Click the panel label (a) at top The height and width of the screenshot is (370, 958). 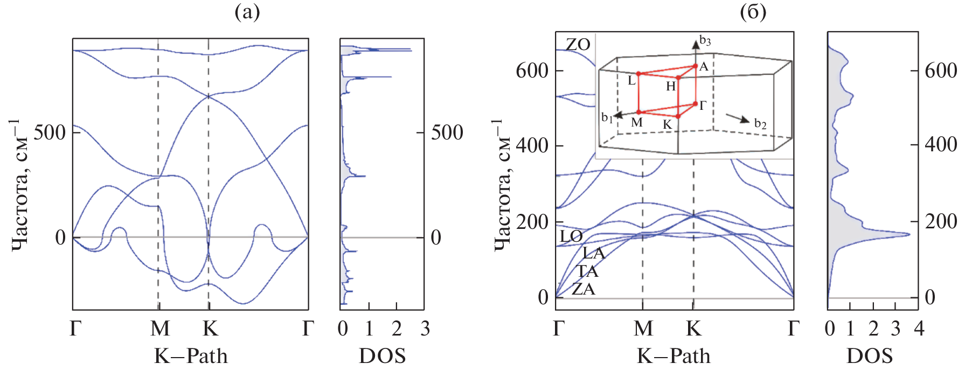[x=247, y=11]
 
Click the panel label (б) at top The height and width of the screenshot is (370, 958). [x=753, y=11]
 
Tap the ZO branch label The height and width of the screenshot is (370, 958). [x=578, y=44]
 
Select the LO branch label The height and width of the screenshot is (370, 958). [x=571, y=236]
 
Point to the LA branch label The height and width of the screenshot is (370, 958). [x=594, y=253]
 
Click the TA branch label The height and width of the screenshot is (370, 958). [x=587, y=271]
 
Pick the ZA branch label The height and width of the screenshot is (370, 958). [x=584, y=289]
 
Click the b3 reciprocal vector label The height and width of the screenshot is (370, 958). [x=705, y=41]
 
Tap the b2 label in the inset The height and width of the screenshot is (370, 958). [x=760, y=124]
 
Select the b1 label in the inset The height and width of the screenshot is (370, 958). [x=607, y=117]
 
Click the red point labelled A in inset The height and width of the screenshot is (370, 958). [x=696, y=66]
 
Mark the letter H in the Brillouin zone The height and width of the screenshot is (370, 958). [x=670, y=86]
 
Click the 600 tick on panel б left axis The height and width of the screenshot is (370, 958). [x=532, y=70]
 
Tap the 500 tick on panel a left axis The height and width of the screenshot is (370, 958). [x=49, y=132]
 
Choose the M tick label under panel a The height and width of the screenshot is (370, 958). [x=159, y=328]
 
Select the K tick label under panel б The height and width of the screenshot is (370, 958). [x=693, y=328]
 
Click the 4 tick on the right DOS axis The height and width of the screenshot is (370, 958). [x=919, y=328]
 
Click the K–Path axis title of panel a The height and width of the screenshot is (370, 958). [x=191, y=356]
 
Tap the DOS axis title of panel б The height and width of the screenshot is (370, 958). [x=870, y=356]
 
